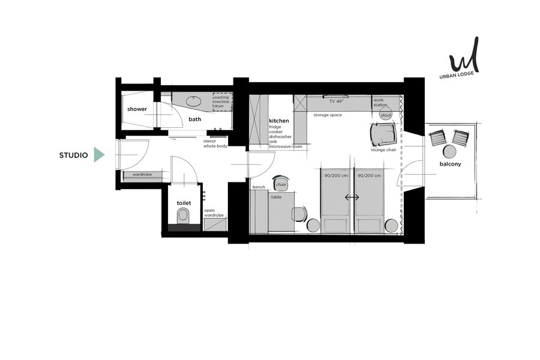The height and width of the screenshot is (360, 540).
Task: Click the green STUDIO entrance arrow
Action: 99,155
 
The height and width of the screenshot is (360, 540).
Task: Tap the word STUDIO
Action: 73,155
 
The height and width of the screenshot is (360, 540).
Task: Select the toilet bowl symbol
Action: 183,217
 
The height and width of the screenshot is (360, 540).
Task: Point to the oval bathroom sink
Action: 194,101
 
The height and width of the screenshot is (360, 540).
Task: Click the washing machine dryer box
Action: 222,101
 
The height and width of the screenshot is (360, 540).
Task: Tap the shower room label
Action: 137,109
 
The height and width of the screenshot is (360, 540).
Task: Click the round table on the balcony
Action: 449,151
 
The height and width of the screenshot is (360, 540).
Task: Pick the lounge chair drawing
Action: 383,134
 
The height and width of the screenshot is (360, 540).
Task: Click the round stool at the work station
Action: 386,115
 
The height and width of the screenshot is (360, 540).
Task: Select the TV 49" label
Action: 336,101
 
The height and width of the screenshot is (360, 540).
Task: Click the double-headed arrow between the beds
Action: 352,197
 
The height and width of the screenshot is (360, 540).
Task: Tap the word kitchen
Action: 279,121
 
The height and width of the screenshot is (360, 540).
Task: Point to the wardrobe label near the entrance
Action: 142,175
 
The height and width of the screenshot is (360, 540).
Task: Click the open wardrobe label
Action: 214,213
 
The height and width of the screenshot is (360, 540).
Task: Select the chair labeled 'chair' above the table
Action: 281,183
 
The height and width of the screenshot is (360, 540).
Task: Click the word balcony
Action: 450,164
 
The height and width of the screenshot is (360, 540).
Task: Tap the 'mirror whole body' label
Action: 215,143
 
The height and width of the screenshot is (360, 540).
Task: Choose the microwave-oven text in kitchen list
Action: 286,147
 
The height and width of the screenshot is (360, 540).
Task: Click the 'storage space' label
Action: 328,115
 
